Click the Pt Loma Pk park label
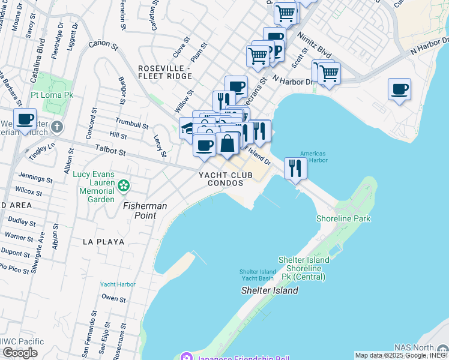click(x=52, y=95)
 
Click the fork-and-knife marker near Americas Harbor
click(x=295, y=168)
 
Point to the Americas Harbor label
click(x=313, y=157)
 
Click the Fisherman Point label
click(x=145, y=210)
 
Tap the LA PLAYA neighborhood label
click(x=104, y=242)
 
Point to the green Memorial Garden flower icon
click(x=123, y=185)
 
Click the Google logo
click(x=20, y=353)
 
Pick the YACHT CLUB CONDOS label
click(x=221, y=178)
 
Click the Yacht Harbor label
click(x=118, y=284)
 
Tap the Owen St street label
click(x=113, y=298)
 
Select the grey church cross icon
click(x=56, y=127)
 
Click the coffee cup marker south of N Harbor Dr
click(x=399, y=90)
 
